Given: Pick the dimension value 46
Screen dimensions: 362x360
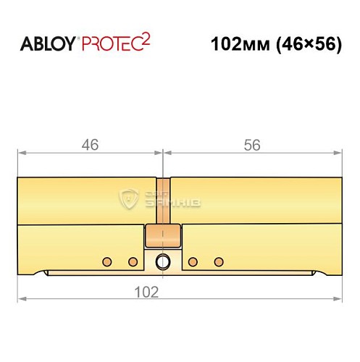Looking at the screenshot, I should tap(88, 145).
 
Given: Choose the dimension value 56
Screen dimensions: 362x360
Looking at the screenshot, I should tap(252, 145).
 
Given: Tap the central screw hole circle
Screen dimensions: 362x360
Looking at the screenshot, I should tap(164, 261).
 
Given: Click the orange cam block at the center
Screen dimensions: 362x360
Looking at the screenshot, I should tap(163, 236).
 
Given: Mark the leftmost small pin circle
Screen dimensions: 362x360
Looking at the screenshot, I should tap(106, 261).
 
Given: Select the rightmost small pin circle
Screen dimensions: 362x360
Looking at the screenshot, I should tap(219, 261).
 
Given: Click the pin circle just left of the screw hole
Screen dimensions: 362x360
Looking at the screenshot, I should tap(133, 261).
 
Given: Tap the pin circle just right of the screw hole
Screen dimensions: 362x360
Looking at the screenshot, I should tap(193, 261).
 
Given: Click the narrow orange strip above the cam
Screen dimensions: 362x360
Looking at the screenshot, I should tap(164, 199).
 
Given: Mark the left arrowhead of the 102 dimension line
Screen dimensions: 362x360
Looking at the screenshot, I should tap(22, 298).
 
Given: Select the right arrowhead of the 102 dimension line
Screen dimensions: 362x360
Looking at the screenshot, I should tap(337, 298).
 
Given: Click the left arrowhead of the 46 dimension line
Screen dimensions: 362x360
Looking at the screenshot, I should tap(22, 153).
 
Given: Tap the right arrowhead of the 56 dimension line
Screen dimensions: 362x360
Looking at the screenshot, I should tap(337, 153).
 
